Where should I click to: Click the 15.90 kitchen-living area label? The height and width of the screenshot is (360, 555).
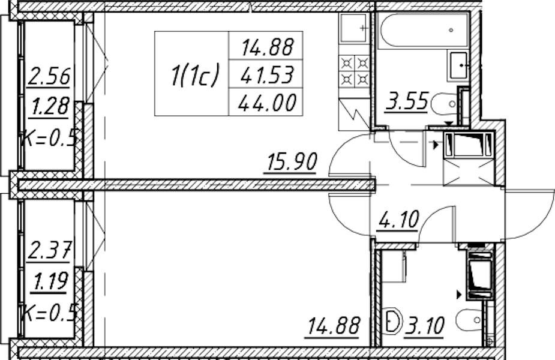coord(292,162)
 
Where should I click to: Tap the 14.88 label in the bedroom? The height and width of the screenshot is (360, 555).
coord(334,326)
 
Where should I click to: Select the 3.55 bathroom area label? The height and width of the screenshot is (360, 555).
coord(407,101)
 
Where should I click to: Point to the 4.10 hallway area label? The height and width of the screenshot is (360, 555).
coord(399,220)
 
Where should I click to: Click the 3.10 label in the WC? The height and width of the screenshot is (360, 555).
coord(425,326)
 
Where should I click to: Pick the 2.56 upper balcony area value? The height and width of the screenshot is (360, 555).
coord(49,76)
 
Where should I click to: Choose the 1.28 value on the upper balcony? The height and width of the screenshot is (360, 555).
coord(50,106)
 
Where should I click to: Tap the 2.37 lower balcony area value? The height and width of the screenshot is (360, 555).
coord(50,250)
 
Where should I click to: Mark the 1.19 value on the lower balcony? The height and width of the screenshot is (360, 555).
coord(50,281)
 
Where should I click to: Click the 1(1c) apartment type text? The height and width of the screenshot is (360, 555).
coord(194,75)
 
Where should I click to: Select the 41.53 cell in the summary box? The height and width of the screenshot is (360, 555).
coord(268,75)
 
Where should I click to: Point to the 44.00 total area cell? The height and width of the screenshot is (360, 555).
coord(267,103)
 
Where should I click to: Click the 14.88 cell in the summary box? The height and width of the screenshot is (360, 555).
coord(268,47)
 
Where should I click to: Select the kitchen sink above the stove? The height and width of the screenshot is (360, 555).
coord(353,28)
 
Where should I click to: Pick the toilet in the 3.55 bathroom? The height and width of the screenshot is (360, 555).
coord(445,104)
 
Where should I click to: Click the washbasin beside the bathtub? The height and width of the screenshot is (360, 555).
coord(459,65)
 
